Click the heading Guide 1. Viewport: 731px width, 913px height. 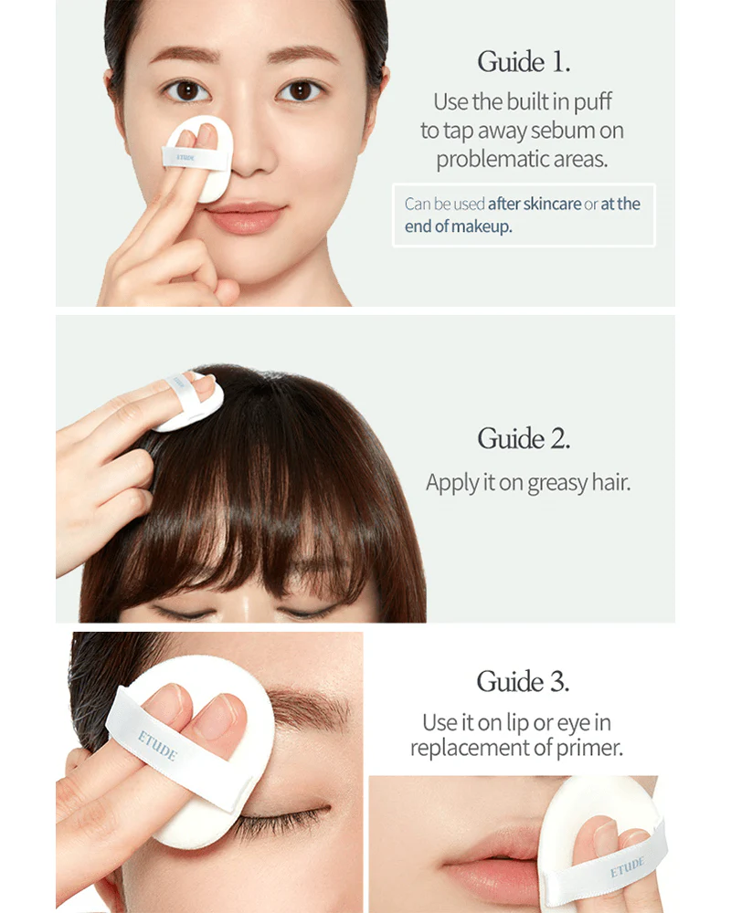coord(524,62)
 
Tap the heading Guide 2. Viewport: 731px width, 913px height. coord(524,438)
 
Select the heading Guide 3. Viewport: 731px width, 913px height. coord(523,681)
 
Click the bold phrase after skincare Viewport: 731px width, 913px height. coord(535,204)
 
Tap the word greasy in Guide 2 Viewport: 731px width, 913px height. coord(557,484)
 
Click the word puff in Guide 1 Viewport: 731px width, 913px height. coord(593,102)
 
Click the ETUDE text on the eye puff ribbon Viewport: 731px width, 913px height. coord(157,746)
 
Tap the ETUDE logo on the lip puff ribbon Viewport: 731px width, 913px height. coord(627,866)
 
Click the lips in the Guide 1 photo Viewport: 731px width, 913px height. coord(245,216)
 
